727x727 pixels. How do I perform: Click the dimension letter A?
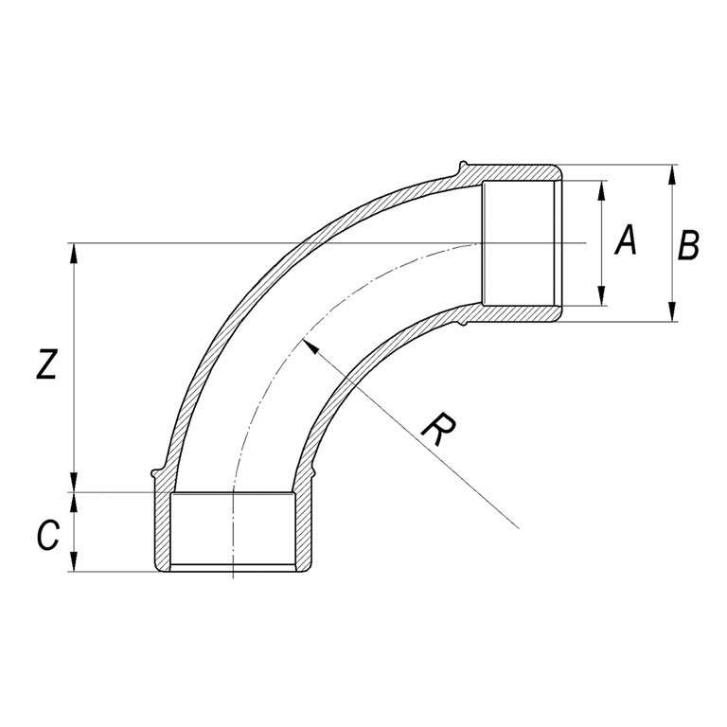(626, 240)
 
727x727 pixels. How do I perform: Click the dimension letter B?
(688, 245)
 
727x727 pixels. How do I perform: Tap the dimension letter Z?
(46, 364)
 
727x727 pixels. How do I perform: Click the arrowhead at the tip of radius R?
(310, 346)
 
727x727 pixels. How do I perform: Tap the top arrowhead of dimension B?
(672, 175)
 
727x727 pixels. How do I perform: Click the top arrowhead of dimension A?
(601, 190)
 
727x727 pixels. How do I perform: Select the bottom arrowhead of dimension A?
(601, 295)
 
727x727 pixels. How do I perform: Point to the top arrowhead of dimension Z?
(73, 253)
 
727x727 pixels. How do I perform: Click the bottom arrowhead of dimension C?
(73, 561)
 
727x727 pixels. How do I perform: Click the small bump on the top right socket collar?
(462, 165)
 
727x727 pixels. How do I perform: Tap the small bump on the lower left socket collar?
(155, 473)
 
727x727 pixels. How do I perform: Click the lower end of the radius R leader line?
(518, 527)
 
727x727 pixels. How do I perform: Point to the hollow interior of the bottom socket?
(232, 529)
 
